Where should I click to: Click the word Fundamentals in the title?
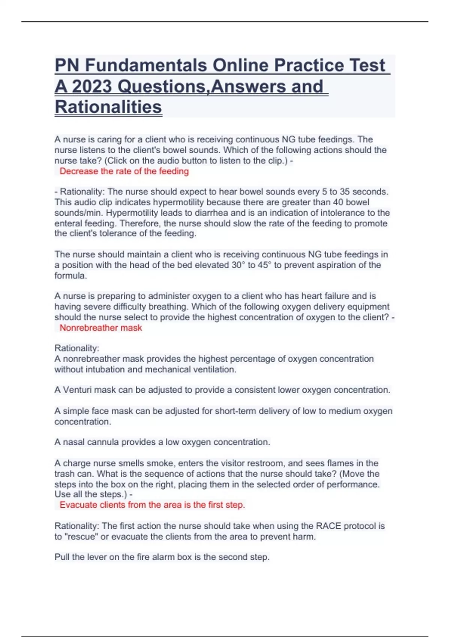pyautogui.click(x=145, y=66)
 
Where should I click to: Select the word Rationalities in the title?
pyautogui.click(x=108, y=107)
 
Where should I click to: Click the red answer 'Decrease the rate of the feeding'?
pyautogui.click(x=124, y=171)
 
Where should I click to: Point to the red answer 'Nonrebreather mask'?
pyautogui.click(x=101, y=328)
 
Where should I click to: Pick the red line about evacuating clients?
pyautogui.click(x=152, y=505)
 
